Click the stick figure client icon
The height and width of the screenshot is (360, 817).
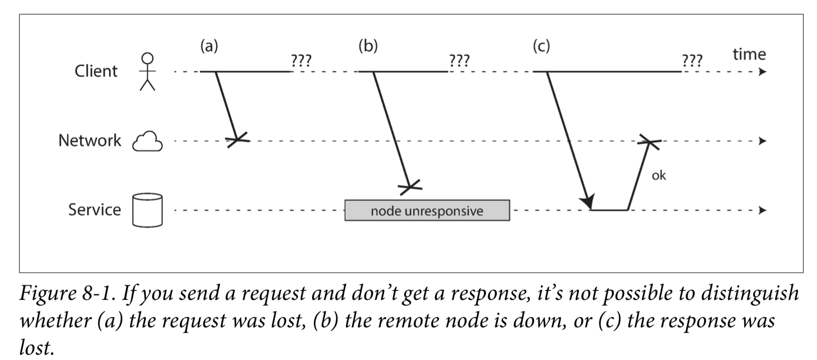148,71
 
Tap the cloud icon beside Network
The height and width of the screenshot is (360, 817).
147,141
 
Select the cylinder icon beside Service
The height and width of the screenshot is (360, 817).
147,210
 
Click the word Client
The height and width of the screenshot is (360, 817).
96,71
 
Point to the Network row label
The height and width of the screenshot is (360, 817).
90,140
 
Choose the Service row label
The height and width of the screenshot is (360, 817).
94,209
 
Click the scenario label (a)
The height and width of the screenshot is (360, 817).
209,46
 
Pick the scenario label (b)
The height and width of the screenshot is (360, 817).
368,46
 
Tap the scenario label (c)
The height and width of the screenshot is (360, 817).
541,46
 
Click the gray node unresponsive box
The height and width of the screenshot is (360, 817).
427,210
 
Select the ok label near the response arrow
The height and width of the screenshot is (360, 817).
659,175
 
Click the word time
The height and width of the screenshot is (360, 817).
749,54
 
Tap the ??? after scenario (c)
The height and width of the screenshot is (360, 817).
692,60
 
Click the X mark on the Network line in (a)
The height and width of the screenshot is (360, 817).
237,139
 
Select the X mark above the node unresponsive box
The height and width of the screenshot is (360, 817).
410,187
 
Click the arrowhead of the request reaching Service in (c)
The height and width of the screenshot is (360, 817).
588,202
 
